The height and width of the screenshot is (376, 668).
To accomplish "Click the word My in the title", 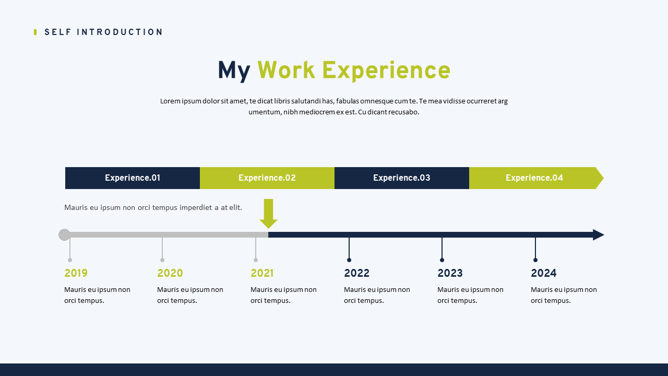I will (234, 71).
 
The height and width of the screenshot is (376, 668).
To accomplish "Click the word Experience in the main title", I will (386, 71).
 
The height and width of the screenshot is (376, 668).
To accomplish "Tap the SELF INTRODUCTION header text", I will (103, 32).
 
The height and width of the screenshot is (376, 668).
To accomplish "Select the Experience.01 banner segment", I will (133, 178).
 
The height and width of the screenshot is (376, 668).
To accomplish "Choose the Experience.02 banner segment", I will (267, 178).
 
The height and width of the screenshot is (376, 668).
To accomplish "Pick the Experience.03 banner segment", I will (402, 178).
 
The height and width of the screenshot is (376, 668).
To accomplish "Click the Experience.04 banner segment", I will (534, 178).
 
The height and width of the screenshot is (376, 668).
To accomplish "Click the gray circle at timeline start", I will (64, 234).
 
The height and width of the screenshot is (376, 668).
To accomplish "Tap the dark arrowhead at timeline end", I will (598, 234).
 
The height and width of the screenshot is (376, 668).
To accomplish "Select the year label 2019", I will (76, 273).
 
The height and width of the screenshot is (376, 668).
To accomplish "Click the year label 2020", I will (170, 273).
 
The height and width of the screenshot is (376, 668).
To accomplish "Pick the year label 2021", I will (262, 273).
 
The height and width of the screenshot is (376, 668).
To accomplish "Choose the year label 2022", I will (356, 273).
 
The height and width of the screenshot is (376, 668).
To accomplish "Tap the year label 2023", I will (450, 273).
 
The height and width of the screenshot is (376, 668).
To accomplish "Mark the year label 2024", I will (543, 273).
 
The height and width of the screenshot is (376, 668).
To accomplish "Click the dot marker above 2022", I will (349, 260).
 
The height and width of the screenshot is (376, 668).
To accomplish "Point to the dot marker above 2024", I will (535, 260).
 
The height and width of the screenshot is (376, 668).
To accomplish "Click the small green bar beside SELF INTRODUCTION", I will (35, 32).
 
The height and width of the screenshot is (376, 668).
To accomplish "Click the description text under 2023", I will (470, 295).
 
